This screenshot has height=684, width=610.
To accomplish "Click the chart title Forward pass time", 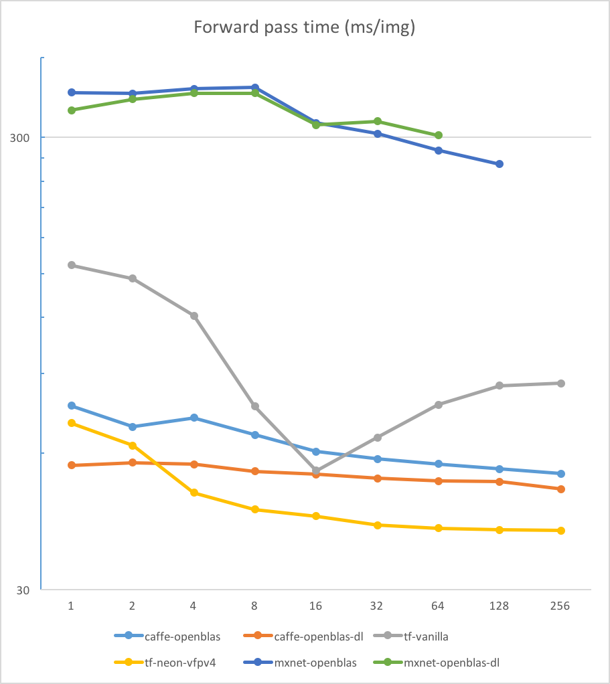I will [305, 27].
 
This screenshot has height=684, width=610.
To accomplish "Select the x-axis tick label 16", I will [315, 606].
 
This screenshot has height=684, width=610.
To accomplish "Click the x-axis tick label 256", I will [560, 606].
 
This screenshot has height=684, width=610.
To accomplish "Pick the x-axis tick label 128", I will [500, 606].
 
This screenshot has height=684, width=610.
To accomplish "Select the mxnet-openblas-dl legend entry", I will [453, 663].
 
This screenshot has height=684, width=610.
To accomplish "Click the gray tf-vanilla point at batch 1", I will [72, 265].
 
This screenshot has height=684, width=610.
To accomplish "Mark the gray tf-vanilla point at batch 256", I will [561, 383].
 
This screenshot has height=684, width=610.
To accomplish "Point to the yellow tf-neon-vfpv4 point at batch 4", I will [194, 493].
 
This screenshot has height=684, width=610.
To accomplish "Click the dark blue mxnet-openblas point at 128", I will [500, 164].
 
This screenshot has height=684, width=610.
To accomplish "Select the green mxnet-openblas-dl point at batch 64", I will [439, 135].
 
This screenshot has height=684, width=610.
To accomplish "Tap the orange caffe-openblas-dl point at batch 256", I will [561, 489].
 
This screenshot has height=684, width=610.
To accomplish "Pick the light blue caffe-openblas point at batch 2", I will [133, 427].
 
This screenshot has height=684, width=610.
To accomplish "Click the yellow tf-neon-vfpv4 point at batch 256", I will [561, 531].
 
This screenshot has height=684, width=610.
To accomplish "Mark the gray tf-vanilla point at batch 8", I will [255, 406].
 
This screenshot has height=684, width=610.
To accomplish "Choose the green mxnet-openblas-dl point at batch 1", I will [72, 110].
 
